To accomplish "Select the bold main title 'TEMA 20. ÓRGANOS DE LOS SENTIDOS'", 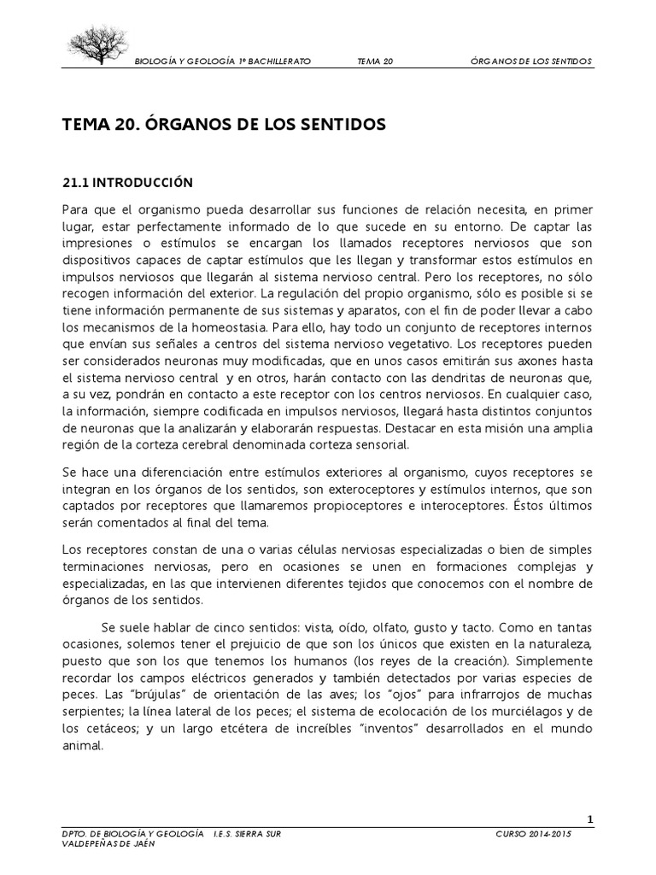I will coord(225,125).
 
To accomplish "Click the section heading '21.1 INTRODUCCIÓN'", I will coord(128,183).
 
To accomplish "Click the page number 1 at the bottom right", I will coord(589,820).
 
